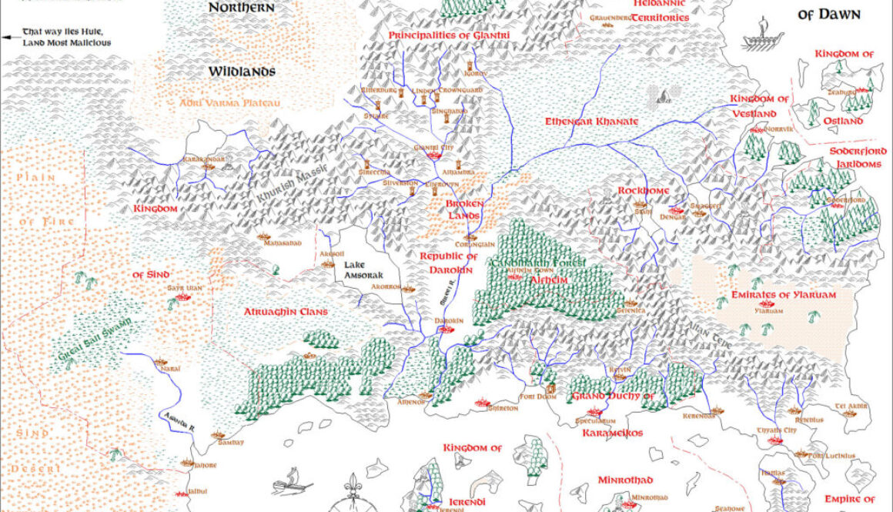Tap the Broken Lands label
[465, 209]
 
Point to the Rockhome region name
[644, 190]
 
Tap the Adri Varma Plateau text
[218, 102]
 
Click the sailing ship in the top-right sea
[759, 35]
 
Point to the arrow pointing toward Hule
[11, 35]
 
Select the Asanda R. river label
[176, 421]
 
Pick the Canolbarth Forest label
[537, 263]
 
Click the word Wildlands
[241, 72]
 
